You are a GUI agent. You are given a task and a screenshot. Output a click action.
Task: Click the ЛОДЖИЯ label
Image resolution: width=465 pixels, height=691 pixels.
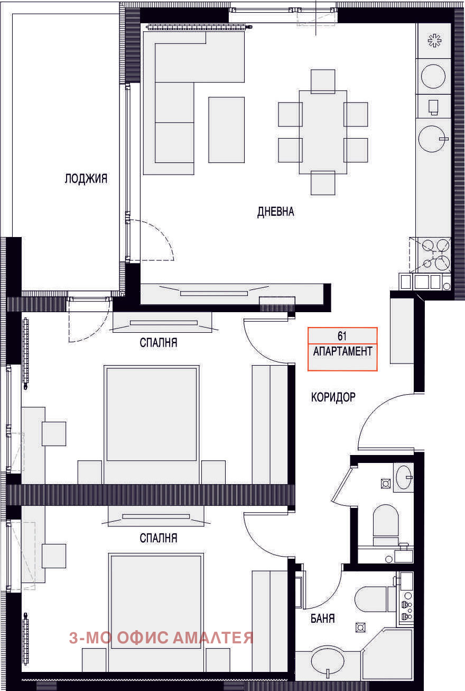point(86,179)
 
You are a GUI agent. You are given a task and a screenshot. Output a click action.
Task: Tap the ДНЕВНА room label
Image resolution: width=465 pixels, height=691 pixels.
point(275,212)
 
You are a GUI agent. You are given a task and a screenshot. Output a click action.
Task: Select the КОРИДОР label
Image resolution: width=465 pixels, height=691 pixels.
point(333,397)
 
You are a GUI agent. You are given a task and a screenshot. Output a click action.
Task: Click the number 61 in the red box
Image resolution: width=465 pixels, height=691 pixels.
point(342,336)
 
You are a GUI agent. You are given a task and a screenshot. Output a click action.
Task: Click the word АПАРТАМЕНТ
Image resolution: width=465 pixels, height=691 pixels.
point(342,351)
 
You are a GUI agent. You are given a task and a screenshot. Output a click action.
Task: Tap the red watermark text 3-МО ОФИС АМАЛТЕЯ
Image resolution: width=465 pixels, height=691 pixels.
point(161,638)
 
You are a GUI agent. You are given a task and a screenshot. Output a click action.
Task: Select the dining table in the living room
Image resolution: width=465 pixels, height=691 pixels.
point(323,132)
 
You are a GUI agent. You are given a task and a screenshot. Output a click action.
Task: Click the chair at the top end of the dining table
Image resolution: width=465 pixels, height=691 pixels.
point(323,81)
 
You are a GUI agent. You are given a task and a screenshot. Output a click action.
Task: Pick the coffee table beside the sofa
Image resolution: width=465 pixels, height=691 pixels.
point(227,130)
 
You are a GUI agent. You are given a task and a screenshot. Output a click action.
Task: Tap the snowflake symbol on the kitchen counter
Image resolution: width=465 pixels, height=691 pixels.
point(434,40)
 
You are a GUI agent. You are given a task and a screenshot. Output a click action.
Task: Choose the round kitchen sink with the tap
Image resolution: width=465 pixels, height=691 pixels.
point(433,139)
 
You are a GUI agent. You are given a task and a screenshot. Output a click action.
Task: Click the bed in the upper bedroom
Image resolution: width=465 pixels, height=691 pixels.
point(151,424)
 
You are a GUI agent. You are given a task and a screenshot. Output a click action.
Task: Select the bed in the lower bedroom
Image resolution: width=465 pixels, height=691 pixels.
point(156,612)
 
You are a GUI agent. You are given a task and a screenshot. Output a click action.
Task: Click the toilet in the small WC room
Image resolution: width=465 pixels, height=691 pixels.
point(386,525)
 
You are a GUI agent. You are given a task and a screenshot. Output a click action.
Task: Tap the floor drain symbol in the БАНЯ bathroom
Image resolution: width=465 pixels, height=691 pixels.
point(360,628)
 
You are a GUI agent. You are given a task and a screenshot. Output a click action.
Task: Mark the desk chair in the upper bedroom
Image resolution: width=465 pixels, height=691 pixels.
point(54,433)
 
